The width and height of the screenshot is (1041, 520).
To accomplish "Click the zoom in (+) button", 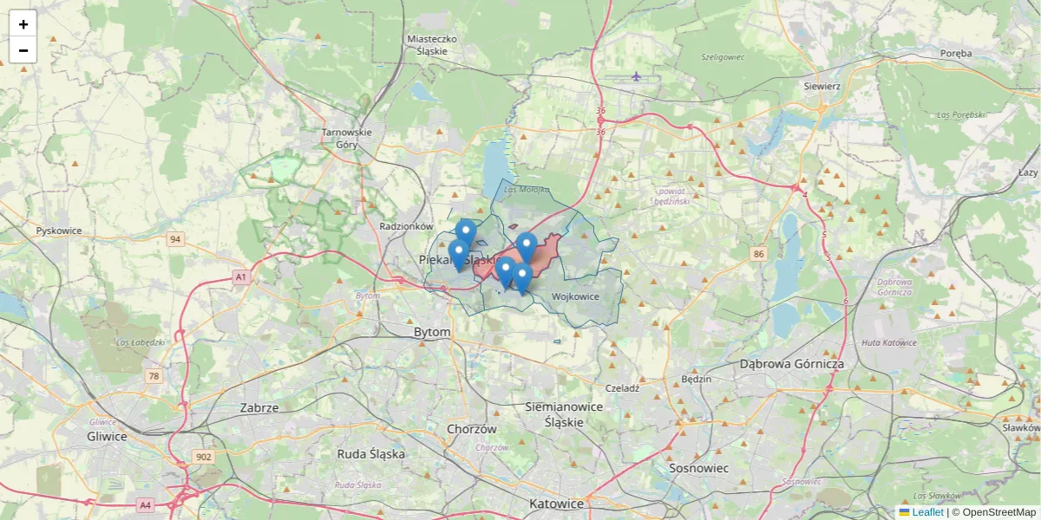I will (x=23, y=24).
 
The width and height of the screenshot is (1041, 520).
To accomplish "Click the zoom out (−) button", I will (x=23, y=50).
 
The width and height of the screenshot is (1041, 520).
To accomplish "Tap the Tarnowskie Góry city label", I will (x=346, y=139).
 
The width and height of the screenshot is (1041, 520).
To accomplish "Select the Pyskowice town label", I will (x=59, y=231).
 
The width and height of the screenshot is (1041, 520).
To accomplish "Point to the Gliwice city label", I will (x=107, y=436).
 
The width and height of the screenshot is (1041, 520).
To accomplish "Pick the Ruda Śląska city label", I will (x=371, y=453).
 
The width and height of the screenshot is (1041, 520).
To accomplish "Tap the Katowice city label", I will (x=557, y=504).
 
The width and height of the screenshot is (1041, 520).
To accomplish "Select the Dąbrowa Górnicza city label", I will (x=791, y=364).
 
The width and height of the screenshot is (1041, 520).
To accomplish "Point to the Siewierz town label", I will (x=822, y=87).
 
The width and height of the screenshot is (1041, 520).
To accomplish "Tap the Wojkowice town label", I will (x=575, y=296).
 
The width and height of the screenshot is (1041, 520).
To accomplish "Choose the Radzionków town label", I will (x=406, y=226).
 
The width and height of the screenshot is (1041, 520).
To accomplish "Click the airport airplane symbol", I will (x=637, y=76).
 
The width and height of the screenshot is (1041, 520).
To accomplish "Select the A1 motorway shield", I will (x=240, y=277).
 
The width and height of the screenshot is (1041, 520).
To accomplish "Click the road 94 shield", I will (x=175, y=239).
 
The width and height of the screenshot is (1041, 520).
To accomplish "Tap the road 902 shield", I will (x=204, y=457).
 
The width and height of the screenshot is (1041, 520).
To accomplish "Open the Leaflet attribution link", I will (x=927, y=512).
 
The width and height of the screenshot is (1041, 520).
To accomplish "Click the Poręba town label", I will (x=956, y=53).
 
